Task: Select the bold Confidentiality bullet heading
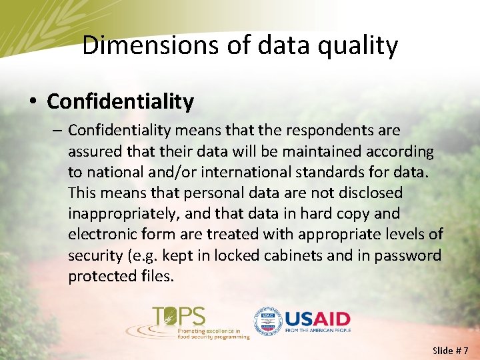pyautogui.click(x=121, y=101)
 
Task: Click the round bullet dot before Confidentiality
pyautogui.click(x=33, y=102)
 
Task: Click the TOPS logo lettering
pyautogui.click(x=179, y=315)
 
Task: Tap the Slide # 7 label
pyautogui.click(x=451, y=350)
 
